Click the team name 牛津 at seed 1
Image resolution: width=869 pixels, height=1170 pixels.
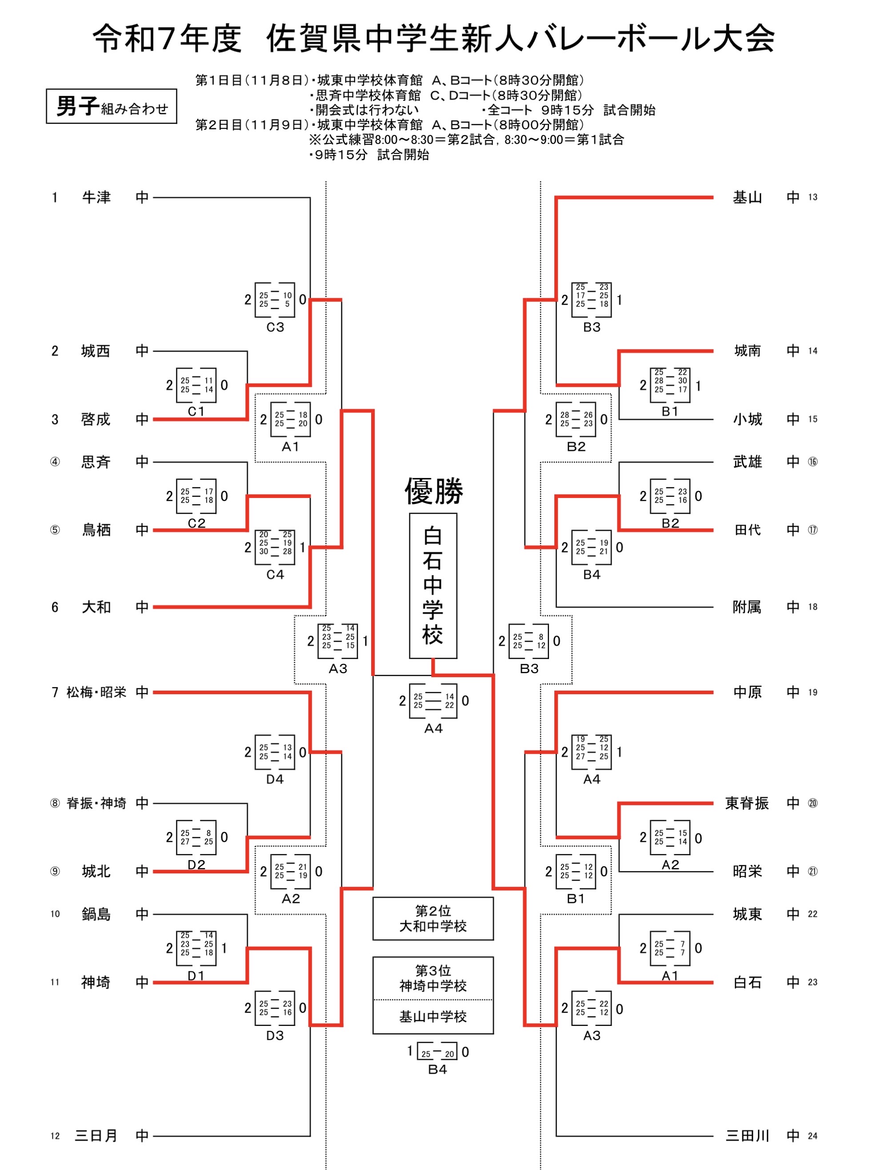[96, 197]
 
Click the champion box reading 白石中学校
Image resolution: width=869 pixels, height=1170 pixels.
[433, 585]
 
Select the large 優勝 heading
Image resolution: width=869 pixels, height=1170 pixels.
[433, 491]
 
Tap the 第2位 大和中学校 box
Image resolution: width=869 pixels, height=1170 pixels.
[433, 918]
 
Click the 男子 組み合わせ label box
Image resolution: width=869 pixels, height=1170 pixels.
[112, 106]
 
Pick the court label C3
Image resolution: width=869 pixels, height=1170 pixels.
[275, 327]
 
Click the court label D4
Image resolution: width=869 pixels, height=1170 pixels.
[275, 779]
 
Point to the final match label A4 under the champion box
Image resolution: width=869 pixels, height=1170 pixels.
[433, 728]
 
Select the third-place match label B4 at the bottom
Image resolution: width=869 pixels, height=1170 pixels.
[437, 1069]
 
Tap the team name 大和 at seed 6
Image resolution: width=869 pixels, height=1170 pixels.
[96, 607]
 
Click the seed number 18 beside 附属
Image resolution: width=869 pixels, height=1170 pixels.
[813, 607]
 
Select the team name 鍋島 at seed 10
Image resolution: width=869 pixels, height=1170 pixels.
[96, 914]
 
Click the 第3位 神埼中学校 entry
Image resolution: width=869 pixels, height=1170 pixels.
[433, 978]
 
